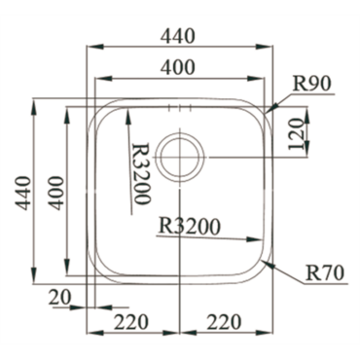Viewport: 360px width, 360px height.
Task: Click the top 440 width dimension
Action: [x=178, y=36]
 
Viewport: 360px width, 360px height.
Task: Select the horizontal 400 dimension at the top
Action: [x=178, y=67]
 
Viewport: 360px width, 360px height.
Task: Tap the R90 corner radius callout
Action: [x=311, y=84]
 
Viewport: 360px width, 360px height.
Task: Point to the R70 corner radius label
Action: [x=325, y=272]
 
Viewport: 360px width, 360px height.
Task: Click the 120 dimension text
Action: [x=296, y=134]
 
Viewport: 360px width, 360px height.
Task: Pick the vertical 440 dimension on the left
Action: [x=23, y=193]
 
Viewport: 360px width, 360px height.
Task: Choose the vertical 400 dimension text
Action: [x=55, y=193]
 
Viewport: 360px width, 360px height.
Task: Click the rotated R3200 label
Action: [x=142, y=174]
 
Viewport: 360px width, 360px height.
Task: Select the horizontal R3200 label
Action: [x=190, y=227]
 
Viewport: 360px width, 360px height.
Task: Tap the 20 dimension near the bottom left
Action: [x=59, y=298]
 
